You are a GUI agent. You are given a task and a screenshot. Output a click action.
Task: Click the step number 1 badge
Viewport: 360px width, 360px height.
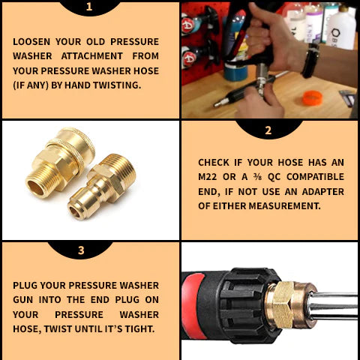pos(89,7)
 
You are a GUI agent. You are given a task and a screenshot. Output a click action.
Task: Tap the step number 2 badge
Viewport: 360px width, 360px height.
pos(268,130)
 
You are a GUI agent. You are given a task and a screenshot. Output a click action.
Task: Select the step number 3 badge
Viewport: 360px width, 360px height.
pos(81,250)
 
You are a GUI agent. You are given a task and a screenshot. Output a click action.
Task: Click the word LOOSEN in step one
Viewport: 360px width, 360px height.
pos(34,42)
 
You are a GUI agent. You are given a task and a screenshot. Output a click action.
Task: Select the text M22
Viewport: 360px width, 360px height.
pos(211,177)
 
